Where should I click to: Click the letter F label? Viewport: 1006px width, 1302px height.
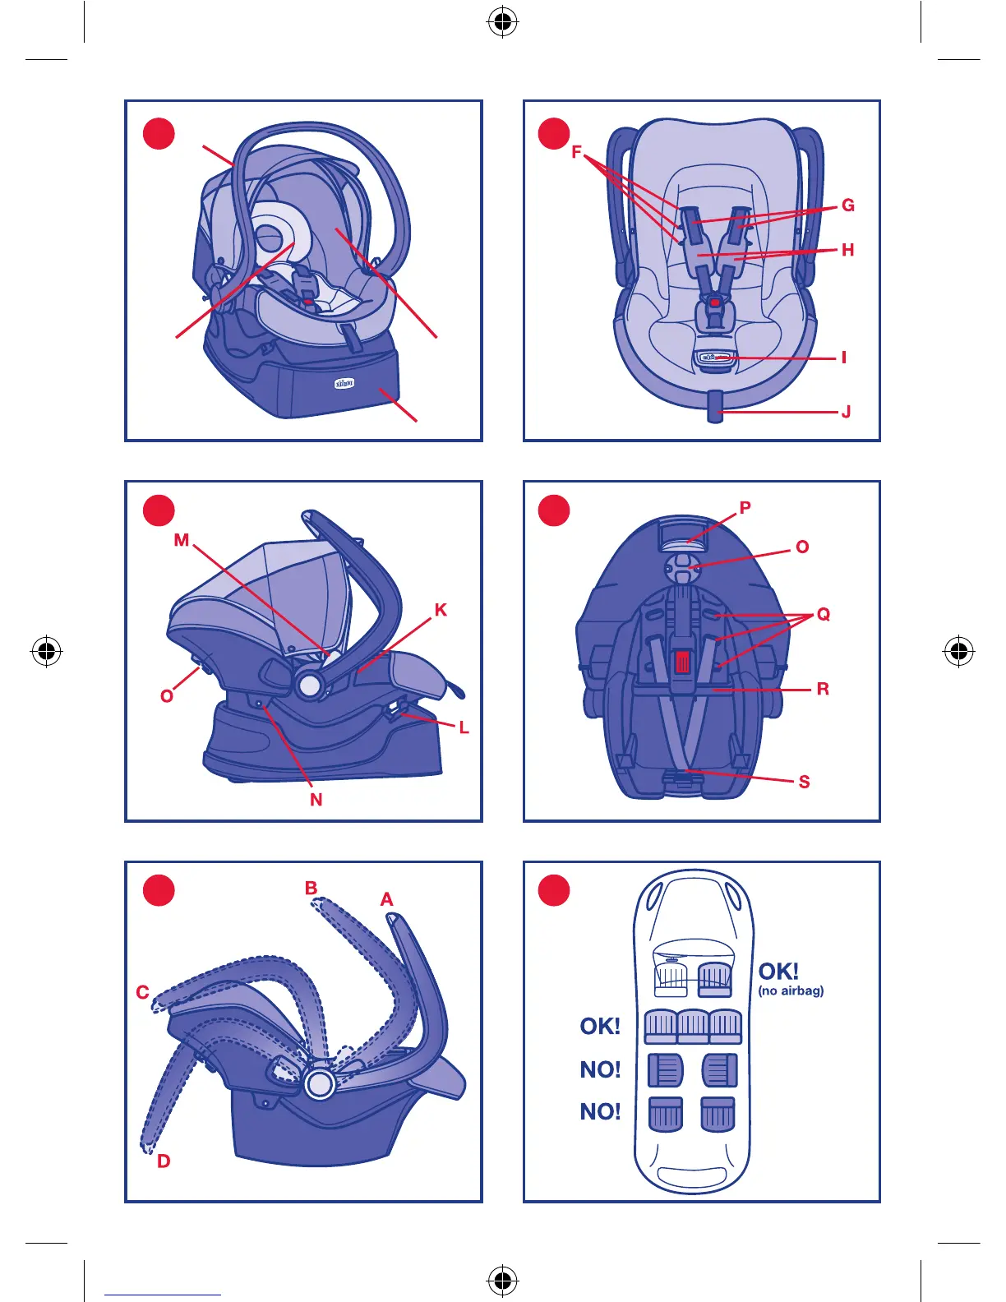pos(576,152)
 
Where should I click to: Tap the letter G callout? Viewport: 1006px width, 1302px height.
pos(848,205)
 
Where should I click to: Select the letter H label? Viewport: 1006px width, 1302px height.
pos(848,250)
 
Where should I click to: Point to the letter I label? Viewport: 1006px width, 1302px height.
pos(843,358)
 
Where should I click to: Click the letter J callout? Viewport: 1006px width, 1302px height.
pos(846,412)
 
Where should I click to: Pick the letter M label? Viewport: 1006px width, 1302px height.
pos(182,540)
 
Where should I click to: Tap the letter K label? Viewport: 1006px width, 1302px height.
pos(441,610)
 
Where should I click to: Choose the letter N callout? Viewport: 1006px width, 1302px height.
pos(316,800)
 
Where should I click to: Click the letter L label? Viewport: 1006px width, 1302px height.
pos(464,727)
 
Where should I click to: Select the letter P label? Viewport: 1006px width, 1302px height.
pos(745,508)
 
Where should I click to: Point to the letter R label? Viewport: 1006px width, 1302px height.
pos(823,689)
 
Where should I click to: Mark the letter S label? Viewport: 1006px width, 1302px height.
pos(804,782)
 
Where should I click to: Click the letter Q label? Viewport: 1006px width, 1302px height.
pos(824,614)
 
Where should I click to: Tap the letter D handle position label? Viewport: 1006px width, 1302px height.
pos(164,1161)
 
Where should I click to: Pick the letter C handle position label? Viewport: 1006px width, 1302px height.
pos(142,992)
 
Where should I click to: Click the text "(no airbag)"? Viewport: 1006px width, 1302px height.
pos(791,991)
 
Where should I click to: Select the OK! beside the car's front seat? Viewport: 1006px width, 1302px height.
pos(778,972)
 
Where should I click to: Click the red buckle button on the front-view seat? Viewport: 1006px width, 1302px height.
pos(715,302)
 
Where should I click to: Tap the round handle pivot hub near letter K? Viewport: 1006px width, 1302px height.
pos(310,685)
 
